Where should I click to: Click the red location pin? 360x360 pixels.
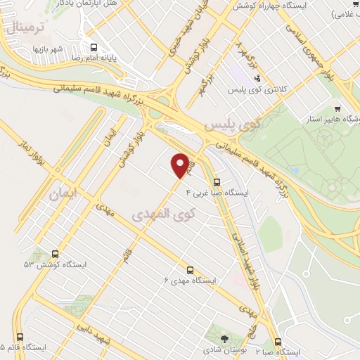click(x=181, y=165)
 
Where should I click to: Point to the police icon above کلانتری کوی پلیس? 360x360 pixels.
click(x=257, y=79)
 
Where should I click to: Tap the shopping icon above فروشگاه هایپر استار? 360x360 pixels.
click(x=337, y=109)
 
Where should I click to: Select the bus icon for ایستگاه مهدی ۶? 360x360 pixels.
click(x=190, y=269)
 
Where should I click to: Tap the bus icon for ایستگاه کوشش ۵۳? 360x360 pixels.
click(x=55, y=254)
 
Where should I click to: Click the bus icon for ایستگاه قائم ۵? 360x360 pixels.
click(x=19, y=337)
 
